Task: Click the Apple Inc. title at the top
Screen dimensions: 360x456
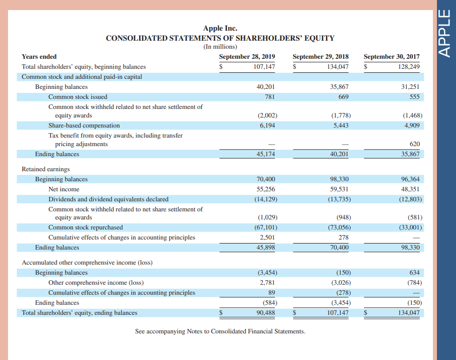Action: pos(220,29)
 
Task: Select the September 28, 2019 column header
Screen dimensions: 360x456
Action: pos(247,57)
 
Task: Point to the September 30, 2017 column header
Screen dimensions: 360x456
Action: pos(391,57)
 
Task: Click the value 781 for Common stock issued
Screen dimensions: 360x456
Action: pos(269,96)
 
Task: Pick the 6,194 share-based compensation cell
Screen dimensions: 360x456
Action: pos(267,125)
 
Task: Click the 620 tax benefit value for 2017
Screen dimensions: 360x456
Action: pos(414,144)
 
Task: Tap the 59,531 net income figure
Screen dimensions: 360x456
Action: pos(340,189)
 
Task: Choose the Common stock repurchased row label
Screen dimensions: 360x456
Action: pos(85,227)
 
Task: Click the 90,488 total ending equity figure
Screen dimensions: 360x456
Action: pos(265,313)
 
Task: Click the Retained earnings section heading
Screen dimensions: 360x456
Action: pos(46,169)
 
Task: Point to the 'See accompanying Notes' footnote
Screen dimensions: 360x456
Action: pos(220,331)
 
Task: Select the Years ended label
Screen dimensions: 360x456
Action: pos(39,57)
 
